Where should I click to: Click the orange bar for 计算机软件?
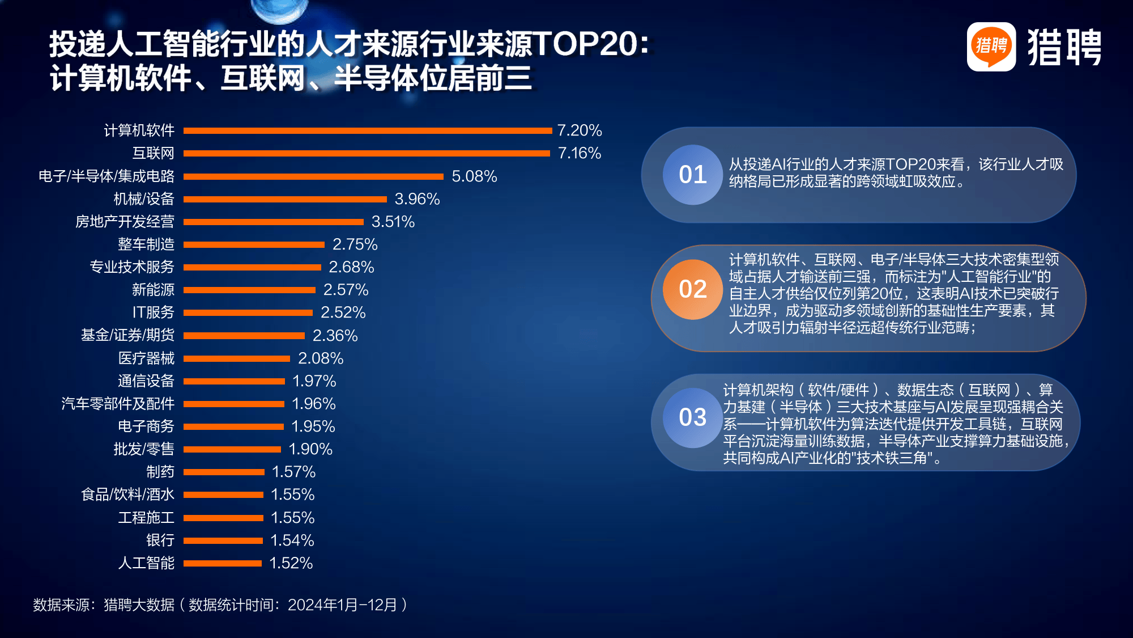coord(367,130)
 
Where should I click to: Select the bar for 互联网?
coord(366,153)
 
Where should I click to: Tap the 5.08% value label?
coord(474,176)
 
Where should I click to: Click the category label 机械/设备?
coord(144,199)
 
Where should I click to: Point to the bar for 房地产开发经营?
coord(273,222)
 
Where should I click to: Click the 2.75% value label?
coord(355,244)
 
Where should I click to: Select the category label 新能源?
coord(153,290)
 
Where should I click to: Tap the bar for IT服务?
coord(248,312)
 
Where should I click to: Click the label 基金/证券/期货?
coord(127,335)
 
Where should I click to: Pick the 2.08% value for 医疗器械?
coord(321,358)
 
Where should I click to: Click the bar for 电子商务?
coord(233,426)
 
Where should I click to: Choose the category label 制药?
coord(160,472)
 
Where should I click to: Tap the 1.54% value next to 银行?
coord(292,540)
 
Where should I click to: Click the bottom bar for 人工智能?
coord(222,563)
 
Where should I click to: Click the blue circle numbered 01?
coord(692,175)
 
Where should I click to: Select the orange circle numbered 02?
coord(692,289)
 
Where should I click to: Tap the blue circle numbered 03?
coord(692,417)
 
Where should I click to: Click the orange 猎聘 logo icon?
coord(991,47)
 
